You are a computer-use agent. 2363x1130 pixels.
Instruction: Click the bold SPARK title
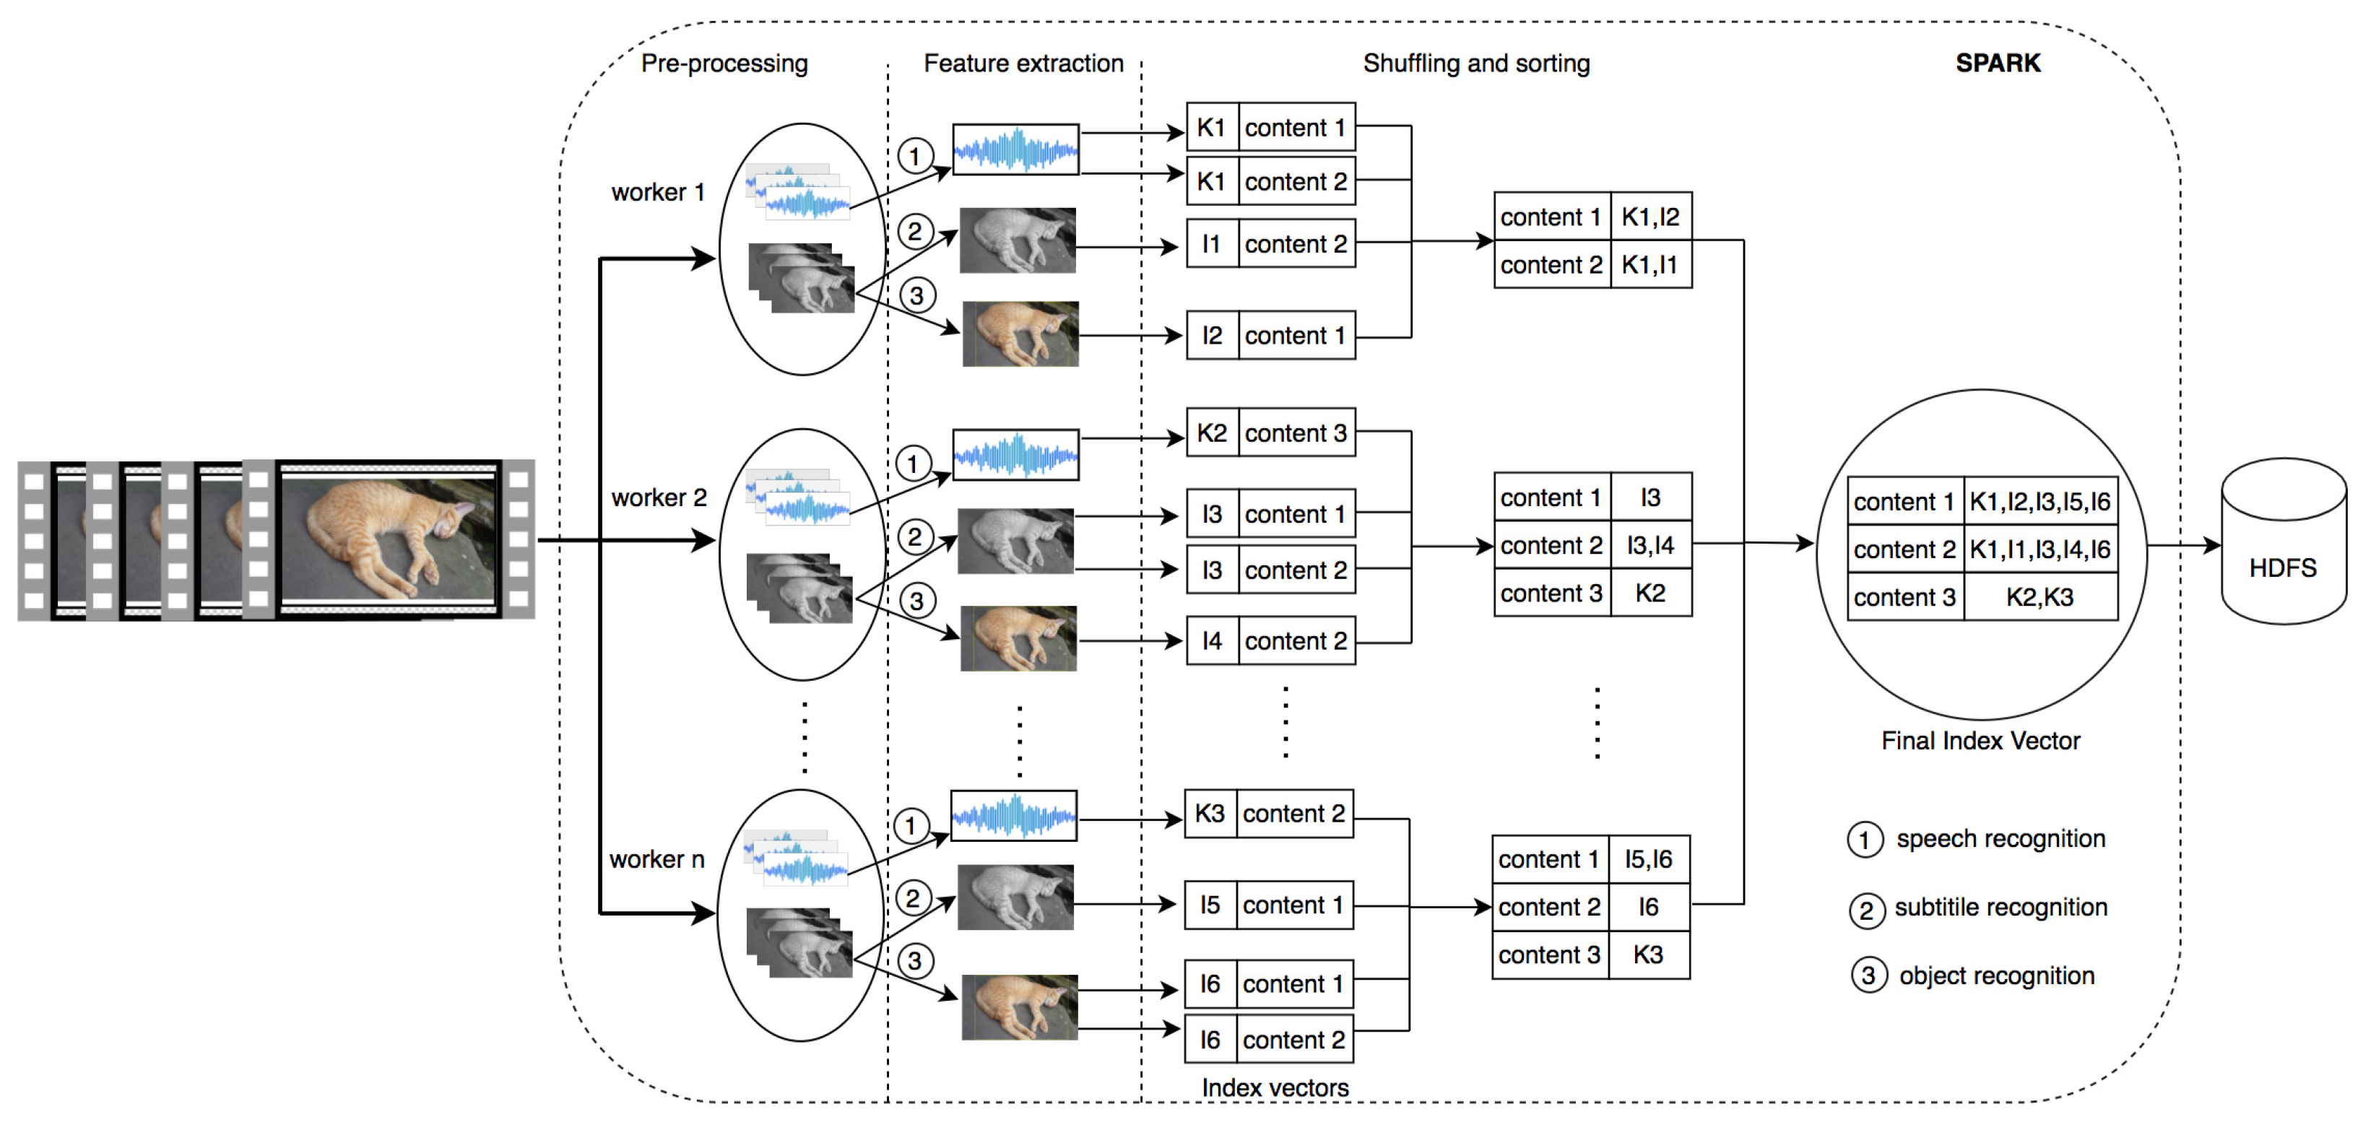[x=1997, y=64]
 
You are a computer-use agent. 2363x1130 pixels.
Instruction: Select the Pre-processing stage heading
[x=724, y=64]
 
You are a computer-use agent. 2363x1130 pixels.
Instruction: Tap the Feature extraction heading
[x=1023, y=64]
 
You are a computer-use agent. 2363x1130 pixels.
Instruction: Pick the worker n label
[x=656, y=859]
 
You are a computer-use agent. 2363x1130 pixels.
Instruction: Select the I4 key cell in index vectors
[x=1212, y=640]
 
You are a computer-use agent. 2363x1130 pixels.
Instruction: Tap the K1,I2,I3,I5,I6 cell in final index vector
[x=2039, y=502]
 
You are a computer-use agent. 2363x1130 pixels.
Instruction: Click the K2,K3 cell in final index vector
[x=2039, y=597]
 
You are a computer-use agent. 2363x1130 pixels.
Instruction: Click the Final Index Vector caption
[x=1980, y=740]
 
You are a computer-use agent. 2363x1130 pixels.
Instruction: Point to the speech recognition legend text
[x=2000, y=838]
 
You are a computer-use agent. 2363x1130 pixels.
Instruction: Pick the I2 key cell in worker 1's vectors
[x=1212, y=336]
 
